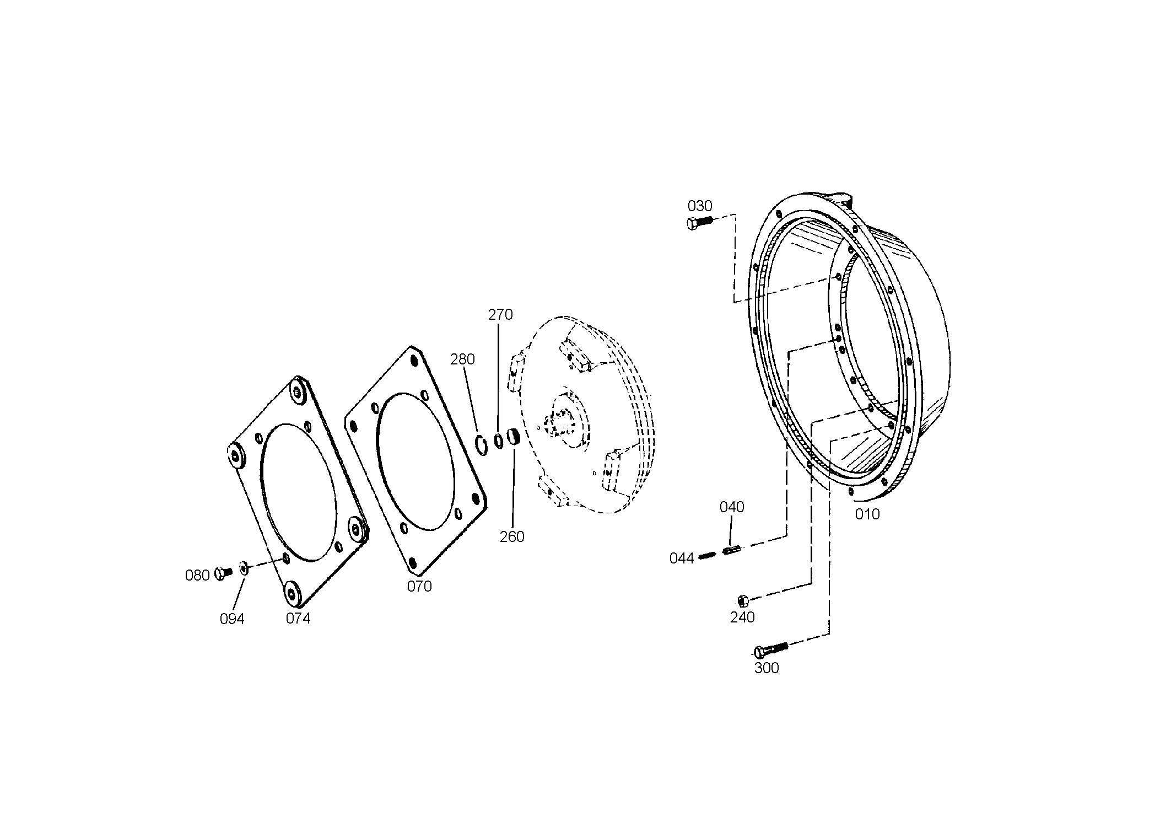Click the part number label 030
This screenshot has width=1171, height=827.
click(700, 206)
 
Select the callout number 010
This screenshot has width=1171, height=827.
click(867, 514)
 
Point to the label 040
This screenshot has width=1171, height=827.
click(732, 507)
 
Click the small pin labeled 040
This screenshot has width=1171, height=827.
click(730, 550)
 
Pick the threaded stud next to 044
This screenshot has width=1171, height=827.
click(706, 556)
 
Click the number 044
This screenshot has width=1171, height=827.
click(682, 559)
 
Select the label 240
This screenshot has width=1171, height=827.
click(742, 617)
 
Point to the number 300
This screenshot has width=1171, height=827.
click(767, 668)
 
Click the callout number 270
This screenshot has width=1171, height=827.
click(500, 315)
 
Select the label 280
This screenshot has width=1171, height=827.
click(462, 359)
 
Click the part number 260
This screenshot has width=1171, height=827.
click(512, 536)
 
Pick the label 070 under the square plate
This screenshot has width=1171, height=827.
click(419, 587)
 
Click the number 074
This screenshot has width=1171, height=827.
click(298, 619)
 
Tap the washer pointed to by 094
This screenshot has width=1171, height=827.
click(244, 567)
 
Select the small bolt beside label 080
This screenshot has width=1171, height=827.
click(223, 573)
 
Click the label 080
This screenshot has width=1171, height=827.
click(197, 576)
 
